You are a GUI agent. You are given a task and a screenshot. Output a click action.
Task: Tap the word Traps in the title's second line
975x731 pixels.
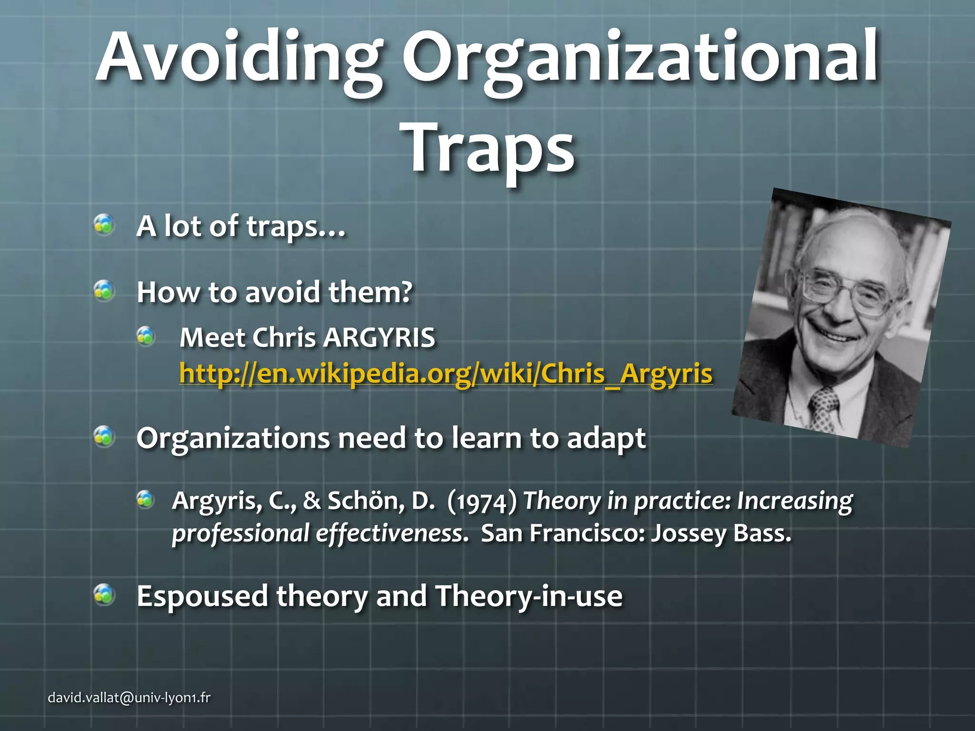(x=490, y=148)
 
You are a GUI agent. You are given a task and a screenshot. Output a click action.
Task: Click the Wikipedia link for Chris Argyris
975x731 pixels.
(x=446, y=374)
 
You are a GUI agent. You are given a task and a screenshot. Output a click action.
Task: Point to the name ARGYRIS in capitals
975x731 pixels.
(x=379, y=338)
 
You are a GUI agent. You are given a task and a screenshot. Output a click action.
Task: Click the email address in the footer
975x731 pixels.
(x=129, y=698)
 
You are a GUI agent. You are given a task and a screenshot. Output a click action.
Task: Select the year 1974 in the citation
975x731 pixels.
(x=482, y=502)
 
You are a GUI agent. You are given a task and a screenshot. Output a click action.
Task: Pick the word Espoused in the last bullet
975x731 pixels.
(x=202, y=596)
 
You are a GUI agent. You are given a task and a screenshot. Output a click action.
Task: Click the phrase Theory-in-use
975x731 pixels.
(x=528, y=596)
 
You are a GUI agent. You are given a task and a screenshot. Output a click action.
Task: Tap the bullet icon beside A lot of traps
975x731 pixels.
(x=104, y=225)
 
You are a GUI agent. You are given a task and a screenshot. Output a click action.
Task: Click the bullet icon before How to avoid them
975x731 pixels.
(x=104, y=291)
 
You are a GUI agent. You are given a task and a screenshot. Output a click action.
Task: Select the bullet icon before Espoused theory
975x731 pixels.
(x=104, y=595)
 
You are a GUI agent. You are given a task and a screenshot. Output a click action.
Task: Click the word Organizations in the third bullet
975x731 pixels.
(x=233, y=439)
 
